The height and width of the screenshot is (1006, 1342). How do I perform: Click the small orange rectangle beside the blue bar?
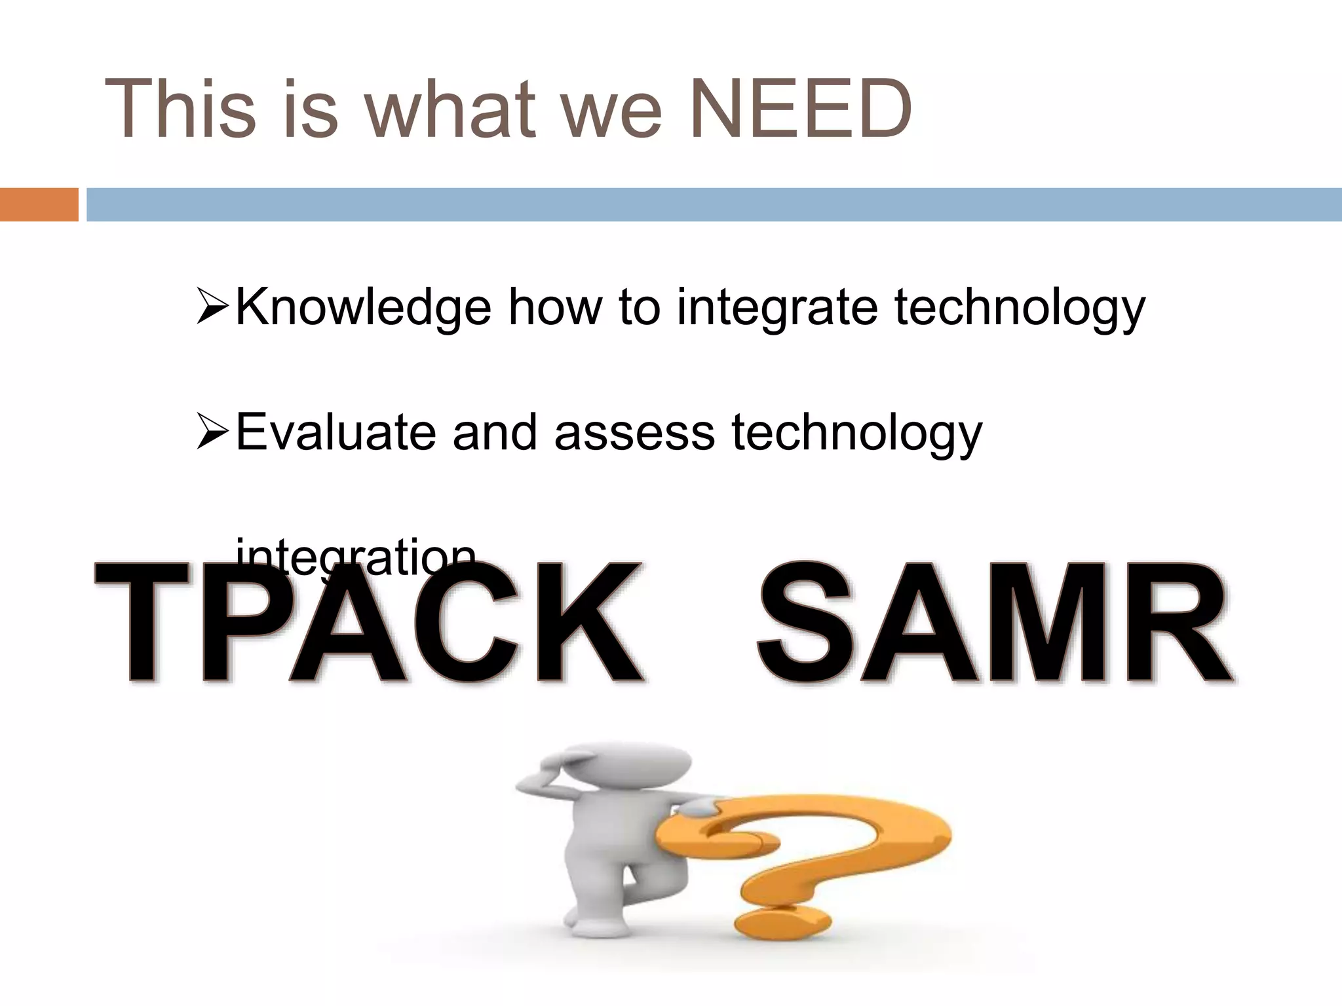pos(39,204)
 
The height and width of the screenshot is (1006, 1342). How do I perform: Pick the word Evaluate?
pos(335,432)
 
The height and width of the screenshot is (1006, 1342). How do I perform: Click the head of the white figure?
pos(626,764)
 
